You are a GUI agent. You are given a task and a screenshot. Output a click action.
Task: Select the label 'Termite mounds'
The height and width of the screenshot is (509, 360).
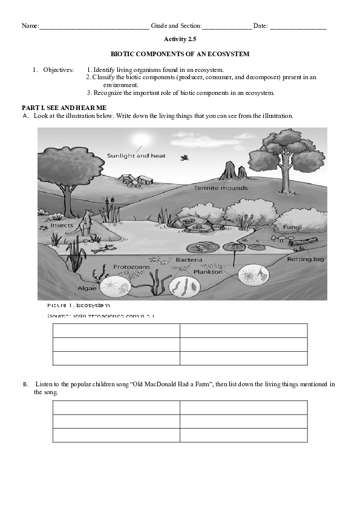pos(220,188)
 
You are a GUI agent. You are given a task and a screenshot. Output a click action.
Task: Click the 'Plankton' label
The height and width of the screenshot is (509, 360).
pos(208,272)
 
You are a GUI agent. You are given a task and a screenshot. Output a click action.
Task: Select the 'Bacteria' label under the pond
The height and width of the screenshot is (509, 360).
pos(189,260)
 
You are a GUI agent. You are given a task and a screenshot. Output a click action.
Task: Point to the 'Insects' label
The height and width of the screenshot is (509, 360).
pos(62,225)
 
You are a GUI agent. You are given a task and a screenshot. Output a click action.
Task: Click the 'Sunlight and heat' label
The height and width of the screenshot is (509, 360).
pos(136,155)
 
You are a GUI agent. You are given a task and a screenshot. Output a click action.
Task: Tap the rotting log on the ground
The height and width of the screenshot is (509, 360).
pos(304,242)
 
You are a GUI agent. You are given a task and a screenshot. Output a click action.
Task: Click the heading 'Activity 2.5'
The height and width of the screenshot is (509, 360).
pos(180,39)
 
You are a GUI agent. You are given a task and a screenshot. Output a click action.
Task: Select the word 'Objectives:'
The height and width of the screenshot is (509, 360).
pos(58,70)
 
